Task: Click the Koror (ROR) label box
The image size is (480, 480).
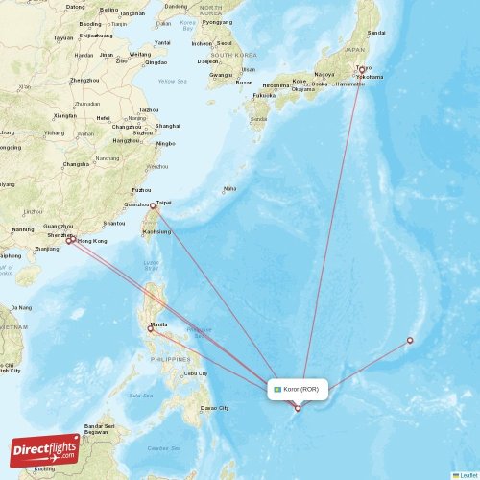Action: (299, 389)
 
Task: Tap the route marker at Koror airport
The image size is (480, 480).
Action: (298, 409)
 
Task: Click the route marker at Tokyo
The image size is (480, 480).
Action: (362, 70)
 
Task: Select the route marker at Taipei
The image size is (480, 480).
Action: (153, 205)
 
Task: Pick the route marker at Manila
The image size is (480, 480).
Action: (150, 328)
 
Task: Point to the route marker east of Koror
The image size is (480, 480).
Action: (410, 340)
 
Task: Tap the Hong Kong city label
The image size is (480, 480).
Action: (91, 241)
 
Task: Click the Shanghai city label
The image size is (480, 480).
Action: (167, 126)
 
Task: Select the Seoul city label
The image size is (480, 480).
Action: (225, 43)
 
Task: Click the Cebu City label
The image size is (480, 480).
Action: (195, 372)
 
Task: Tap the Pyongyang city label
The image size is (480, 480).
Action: (217, 21)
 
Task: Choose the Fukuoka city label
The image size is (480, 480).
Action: (264, 95)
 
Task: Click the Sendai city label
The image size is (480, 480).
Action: (376, 33)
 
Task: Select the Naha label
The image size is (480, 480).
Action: (229, 188)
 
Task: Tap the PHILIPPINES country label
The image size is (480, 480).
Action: (171, 359)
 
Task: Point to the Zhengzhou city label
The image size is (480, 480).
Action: (84, 80)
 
